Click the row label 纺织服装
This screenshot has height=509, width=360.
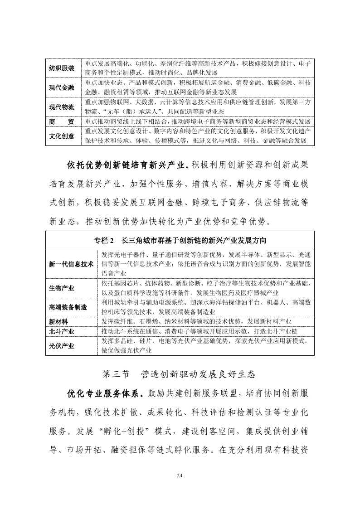62,68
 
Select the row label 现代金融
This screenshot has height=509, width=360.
62,87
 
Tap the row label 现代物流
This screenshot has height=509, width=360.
62,107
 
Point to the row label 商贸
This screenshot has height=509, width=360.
62,121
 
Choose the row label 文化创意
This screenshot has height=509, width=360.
62,136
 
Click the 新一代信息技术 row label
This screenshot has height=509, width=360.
71,264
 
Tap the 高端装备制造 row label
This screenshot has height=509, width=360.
68,307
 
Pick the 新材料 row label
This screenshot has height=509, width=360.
58,321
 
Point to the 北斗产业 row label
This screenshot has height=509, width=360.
62,331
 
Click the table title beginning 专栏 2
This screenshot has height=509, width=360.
180,240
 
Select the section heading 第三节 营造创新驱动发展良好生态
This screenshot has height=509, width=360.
180,374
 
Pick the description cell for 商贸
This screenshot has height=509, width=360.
198,121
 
